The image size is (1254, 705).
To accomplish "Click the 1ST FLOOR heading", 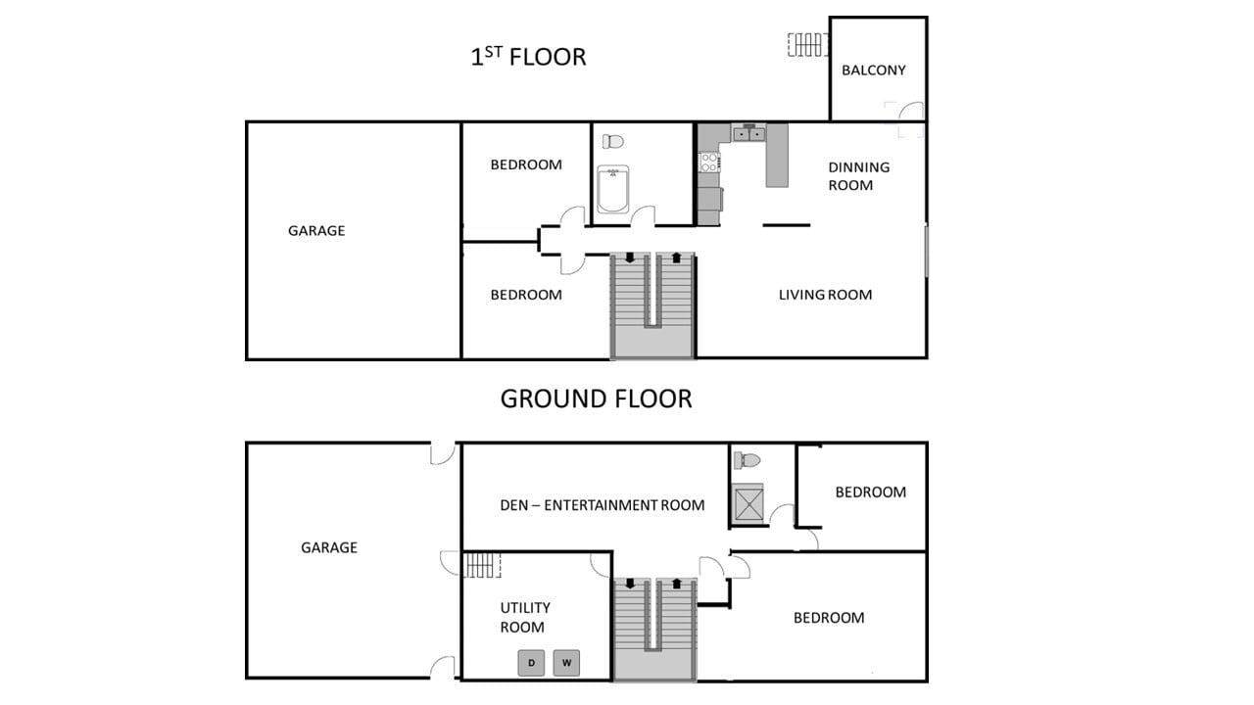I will (528, 57).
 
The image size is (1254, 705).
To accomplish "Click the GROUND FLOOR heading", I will (596, 399).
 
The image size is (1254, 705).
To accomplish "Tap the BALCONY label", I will (874, 70).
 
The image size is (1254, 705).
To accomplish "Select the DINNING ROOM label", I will (858, 176).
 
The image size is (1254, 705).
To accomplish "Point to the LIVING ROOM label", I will (825, 295).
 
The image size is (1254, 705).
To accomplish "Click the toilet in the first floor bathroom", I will (613, 142).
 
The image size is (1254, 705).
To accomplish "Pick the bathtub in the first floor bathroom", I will (613, 190).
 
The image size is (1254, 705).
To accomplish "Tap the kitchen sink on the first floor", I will (749, 133).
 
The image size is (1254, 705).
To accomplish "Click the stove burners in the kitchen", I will (709, 162).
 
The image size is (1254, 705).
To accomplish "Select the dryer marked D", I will (532, 663).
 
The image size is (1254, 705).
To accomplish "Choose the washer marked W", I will (566, 663).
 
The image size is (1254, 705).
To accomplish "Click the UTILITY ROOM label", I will (524, 618).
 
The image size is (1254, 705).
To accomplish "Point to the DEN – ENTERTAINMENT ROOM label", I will (603, 505).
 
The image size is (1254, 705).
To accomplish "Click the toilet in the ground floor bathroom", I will (748, 459).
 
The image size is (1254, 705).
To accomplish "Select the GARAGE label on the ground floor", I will (329, 548).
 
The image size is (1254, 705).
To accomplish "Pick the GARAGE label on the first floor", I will (316, 231).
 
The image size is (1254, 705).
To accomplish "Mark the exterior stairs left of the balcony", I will (807, 45).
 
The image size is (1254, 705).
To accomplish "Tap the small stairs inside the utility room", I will (481, 566).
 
